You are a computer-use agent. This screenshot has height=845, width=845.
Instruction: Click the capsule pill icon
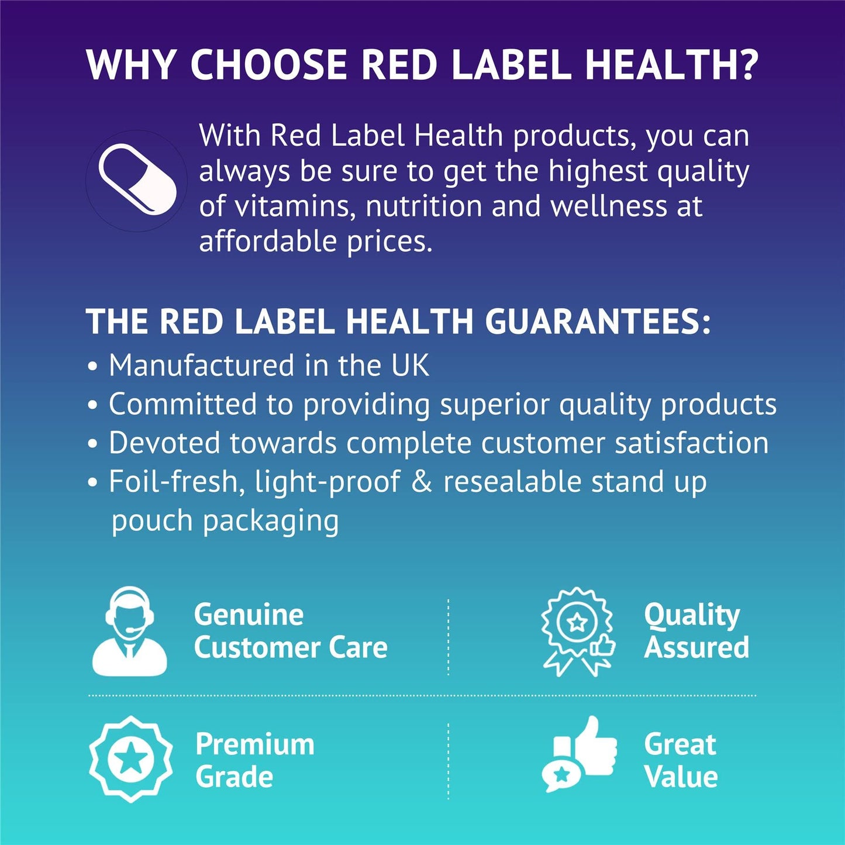(137, 179)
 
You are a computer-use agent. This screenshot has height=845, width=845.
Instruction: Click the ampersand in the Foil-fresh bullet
(422, 482)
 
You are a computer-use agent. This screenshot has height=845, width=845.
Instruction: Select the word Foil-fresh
(173, 482)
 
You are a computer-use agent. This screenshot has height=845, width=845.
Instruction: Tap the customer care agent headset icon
(130, 632)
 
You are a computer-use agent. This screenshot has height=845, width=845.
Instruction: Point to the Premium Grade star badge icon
(130, 759)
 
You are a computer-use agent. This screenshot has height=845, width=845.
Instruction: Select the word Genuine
(249, 615)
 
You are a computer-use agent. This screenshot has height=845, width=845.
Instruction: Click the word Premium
(255, 744)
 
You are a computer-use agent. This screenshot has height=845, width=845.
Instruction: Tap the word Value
(681, 777)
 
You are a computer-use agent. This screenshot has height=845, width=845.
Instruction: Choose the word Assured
(696, 647)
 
